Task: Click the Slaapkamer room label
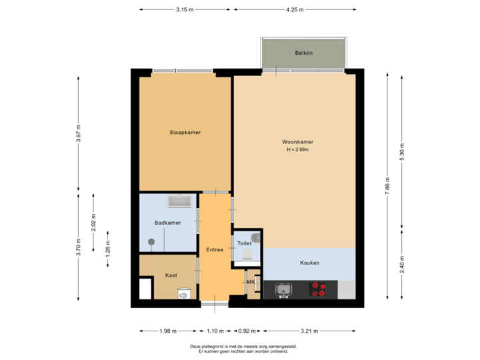click(185, 132)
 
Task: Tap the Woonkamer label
click(297, 142)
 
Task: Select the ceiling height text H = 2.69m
click(297, 150)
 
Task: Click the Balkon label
click(304, 53)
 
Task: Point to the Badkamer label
click(167, 223)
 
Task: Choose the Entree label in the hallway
click(215, 249)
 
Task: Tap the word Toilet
click(245, 243)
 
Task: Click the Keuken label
click(309, 263)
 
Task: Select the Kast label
click(171, 275)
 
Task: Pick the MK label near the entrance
click(251, 282)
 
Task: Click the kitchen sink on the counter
click(283, 289)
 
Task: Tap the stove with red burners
click(318, 289)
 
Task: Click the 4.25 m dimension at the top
click(294, 10)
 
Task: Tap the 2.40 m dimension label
click(401, 261)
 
